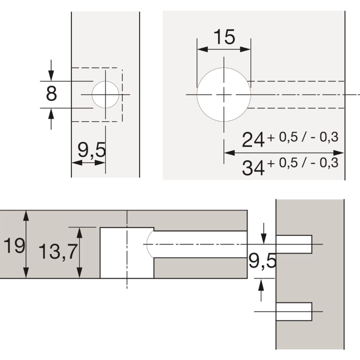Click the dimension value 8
pos(50,93)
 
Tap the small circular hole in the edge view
pos(105,94)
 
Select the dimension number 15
pos(224,37)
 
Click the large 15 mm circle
pos(224,94)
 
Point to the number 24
pos(254,141)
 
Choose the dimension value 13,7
pos(57,252)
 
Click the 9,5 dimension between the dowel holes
pos(262,262)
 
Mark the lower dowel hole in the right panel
pos(294,312)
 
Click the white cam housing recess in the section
pos(126,253)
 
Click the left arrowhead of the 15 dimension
pos(200,49)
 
